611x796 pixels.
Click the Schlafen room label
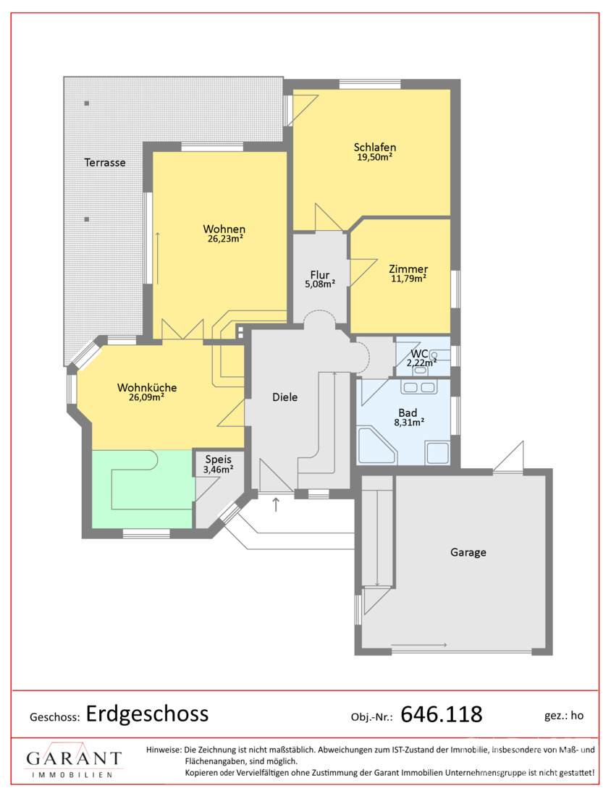[375, 147]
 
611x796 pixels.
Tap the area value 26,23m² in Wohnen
[225, 239]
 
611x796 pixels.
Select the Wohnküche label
[147, 387]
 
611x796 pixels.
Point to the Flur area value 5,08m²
[320, 284]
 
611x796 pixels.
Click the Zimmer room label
[408, 269]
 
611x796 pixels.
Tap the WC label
[419, 354]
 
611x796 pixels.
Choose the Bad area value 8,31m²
[409, 423]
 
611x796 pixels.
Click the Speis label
[219, 460]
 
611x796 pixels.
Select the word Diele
[285, 397]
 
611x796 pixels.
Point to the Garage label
[468, 552]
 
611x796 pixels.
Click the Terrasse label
[105, 162]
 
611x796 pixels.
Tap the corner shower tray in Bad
[377, 446]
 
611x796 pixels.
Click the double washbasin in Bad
[418, 387]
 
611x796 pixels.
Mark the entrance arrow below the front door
[276, 504]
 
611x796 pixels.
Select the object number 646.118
[442, 714]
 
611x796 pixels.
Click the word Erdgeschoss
[147, 714]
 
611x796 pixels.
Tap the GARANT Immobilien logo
[74, 760]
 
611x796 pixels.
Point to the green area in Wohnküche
[143, 489]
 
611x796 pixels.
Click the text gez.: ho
[564, 715]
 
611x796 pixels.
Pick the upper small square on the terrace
[87, 103]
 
